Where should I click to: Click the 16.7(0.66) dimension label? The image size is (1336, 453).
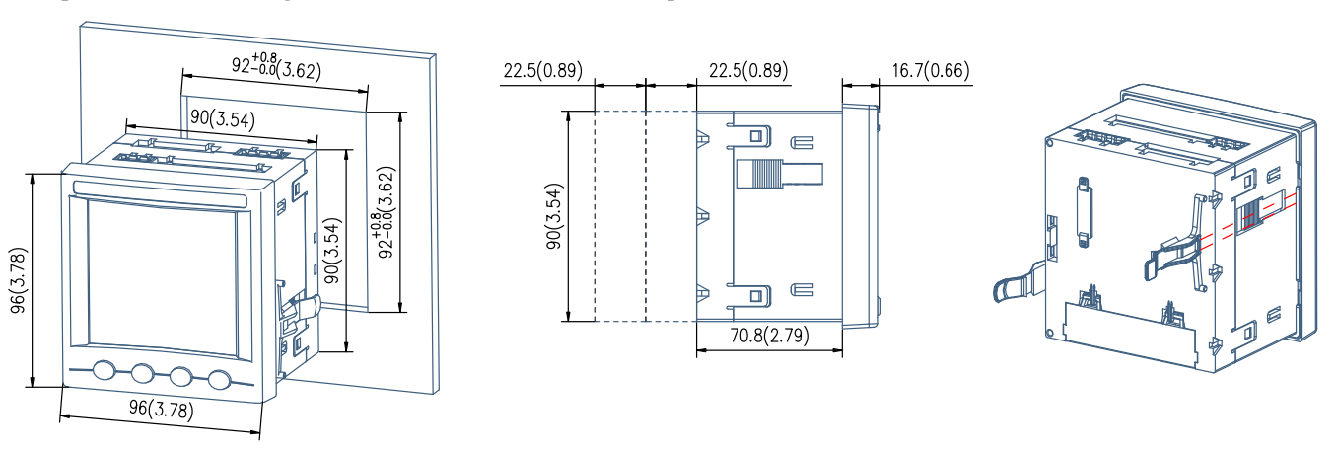[931, 71]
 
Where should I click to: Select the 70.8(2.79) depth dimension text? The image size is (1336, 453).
[769, 336]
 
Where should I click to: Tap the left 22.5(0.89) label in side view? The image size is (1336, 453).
[542, 71]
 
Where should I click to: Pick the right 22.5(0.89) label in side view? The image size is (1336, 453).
[748, 71]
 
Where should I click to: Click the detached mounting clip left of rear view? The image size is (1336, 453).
[1016, 281]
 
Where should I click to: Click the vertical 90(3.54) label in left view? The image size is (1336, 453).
[332, 250]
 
